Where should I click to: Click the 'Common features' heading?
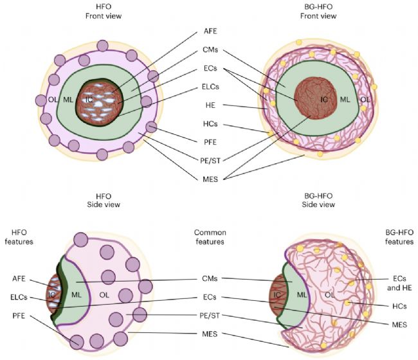click(x=210, y=237)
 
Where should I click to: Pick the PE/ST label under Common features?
click(x=210, y=316)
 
